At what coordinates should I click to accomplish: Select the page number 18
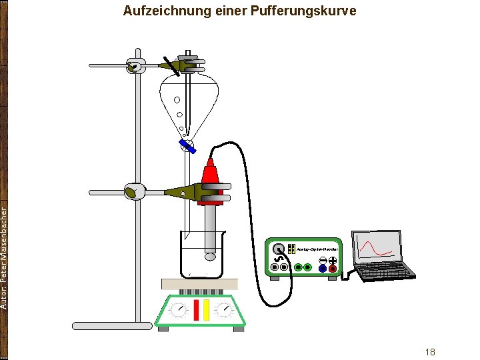coord(430,351)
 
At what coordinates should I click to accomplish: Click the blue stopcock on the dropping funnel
coord(188,146)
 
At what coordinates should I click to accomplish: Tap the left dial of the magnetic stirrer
coord(178,310)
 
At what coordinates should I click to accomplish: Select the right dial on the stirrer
coord(225,310)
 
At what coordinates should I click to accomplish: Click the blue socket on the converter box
coord(323,269)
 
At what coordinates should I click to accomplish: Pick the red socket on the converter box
coord(333,269)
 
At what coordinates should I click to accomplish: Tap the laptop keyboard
coord(385,269)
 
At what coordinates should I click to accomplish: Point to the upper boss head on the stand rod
coord(135,66)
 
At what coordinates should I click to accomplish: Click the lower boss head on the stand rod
coord(134,192)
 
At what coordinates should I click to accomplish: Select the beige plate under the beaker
coord(199,284)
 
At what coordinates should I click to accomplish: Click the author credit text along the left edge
coord(5,257)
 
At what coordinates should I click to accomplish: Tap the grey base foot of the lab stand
coord(112,326)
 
